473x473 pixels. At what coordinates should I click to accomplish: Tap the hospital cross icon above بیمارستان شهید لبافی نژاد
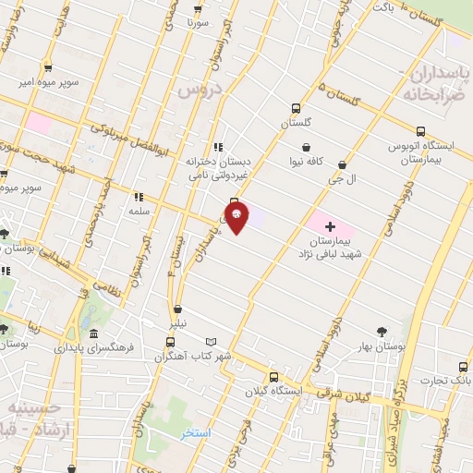(x=330, y=225)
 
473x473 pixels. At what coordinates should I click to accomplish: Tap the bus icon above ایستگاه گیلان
(x=273, y=377)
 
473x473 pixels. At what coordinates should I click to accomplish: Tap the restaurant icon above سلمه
(x=139, y=196)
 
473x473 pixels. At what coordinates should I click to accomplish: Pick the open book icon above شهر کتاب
(x=212, y=342)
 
